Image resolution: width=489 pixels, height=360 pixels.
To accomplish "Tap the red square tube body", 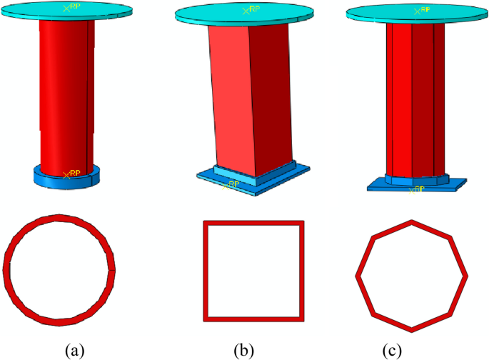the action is [x=236, y=100].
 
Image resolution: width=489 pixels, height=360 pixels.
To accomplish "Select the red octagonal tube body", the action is [x=414, y=100].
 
